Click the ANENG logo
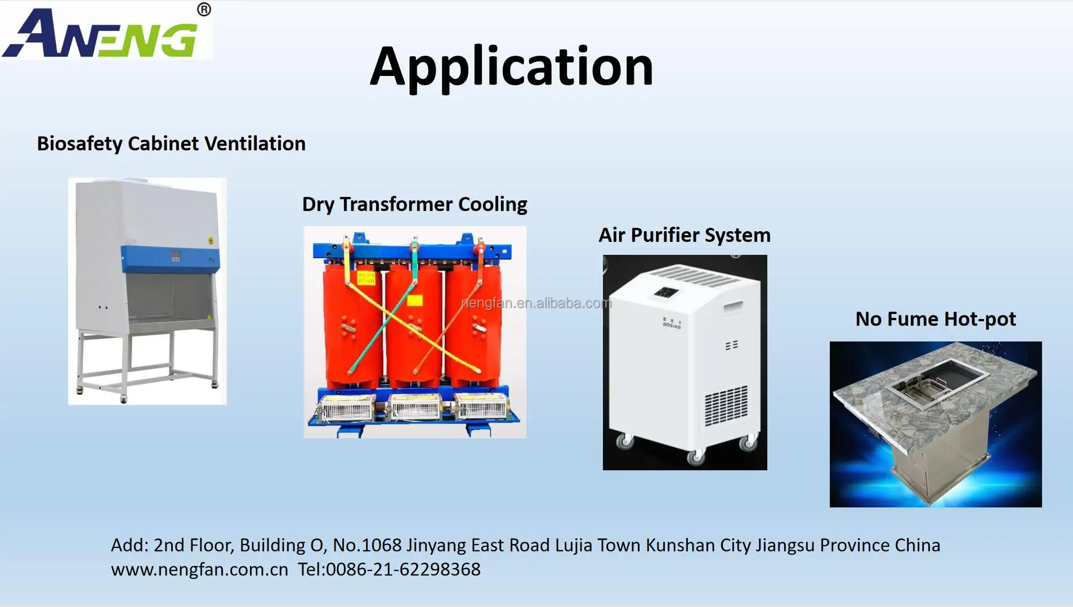coord(101,34)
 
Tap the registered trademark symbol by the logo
coord(204,10)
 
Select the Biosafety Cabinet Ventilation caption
coord(171,143)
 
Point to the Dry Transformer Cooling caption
coord(414,204)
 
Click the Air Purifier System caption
coord(685,235)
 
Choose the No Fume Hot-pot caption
coord(936,319)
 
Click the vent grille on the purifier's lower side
coord(726,405)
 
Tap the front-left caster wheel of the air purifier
coord(624,442)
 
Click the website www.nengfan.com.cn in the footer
coord(199,569)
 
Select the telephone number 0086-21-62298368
coord(403,569)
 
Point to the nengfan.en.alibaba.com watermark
coord(536,303)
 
